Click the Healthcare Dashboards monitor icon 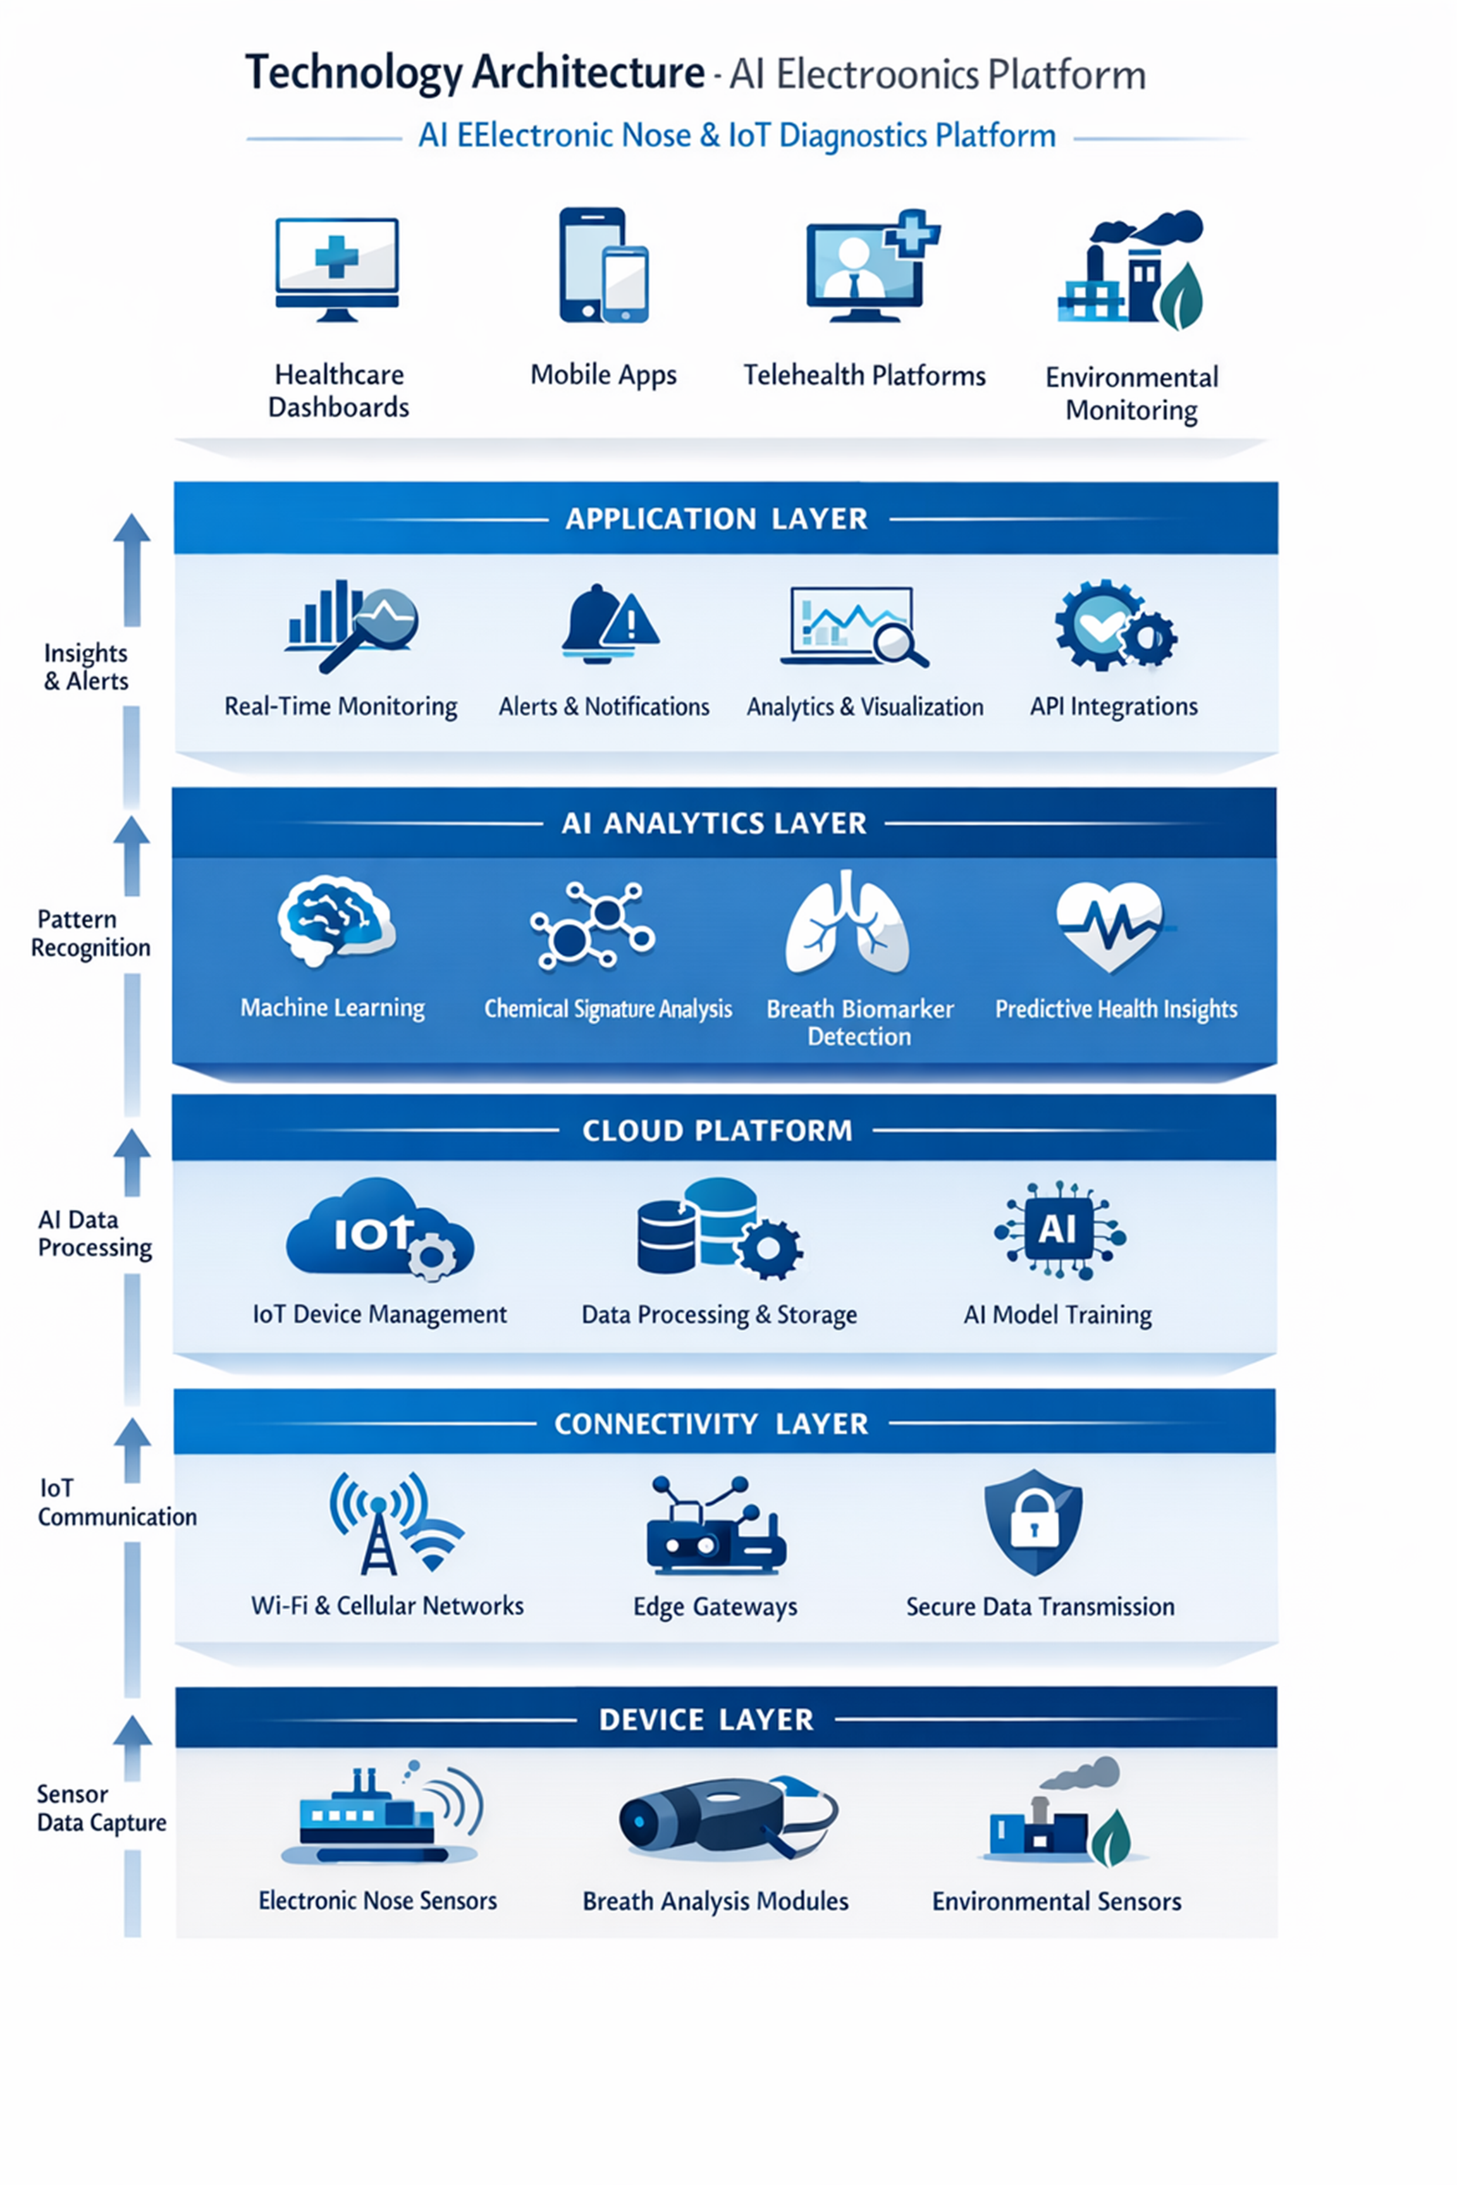pyautogui.click(x=337, y=267)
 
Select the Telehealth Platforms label pyautogui.click(x=864, y=376)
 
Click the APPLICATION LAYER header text pyautogui.click(x=716, y=518)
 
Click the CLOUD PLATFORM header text pyautogui.click(x=716, y=1130)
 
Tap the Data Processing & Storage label pyautogui.click(x=718, y=1314)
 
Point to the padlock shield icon pyautogui.click(x=1033, y=1521)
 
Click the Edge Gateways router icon pyautogui.click(x=715, y=1527)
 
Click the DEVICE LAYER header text pyautogui.click(x=706, y=1720)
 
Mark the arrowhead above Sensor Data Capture pyautogui.click(x=133, y=1732)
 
